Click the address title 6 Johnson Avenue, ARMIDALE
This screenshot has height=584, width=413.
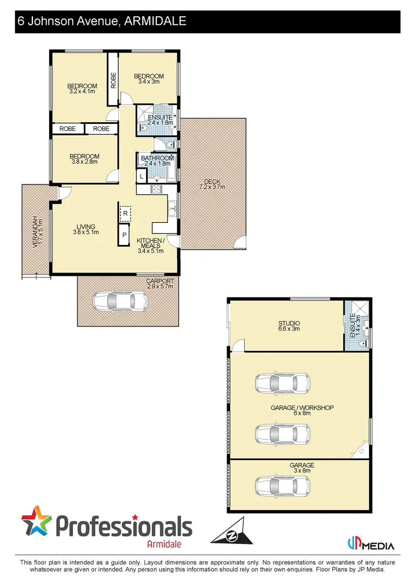click(x=102, y=22)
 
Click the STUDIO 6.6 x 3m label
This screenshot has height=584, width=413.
click(x=289, y=326)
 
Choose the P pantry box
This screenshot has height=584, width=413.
click(x=125, y=235)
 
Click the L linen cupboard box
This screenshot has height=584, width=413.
click(x=142, y=176)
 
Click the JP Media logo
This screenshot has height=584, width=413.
click(x=370, y=544)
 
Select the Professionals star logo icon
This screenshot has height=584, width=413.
click(x=37, y=521)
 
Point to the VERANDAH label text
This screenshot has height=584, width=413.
click(x=36, y=232)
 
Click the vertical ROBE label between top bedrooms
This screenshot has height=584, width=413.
click(x=114, y=80)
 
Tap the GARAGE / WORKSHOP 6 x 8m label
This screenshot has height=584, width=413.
click(x=302, y=410)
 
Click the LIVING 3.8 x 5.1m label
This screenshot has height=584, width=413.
click(x=86, y=230)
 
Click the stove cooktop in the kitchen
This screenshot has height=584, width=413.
click(x=156, y=189)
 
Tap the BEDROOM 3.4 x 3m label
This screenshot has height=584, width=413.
click(x=149, y=79)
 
